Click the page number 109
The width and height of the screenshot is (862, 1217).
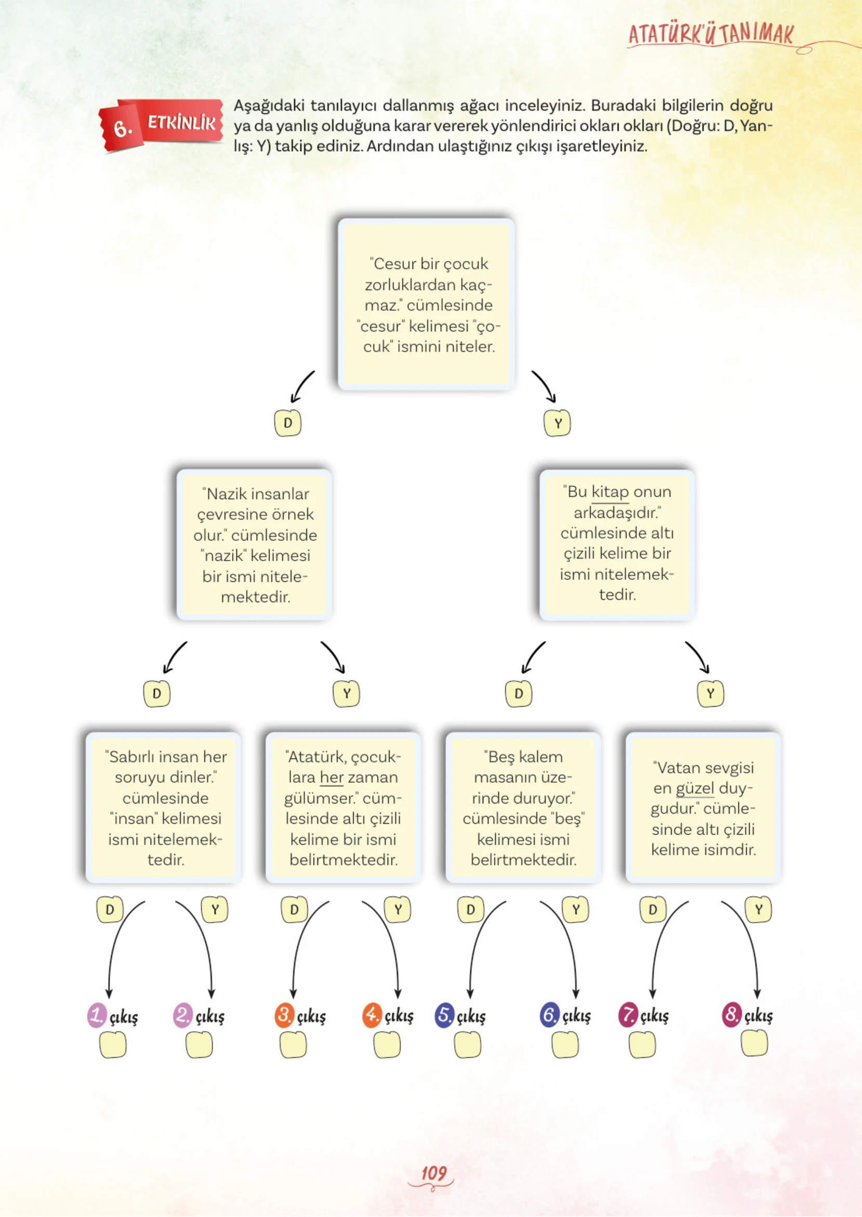[433, 1173]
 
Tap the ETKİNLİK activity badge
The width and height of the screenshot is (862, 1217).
[161, 125]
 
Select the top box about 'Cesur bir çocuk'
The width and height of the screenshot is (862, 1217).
[426, 304]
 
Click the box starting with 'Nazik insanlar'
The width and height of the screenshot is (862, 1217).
[254, 545]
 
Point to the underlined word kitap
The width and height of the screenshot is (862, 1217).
[610, 492]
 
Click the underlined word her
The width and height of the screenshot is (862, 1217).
[331, 777]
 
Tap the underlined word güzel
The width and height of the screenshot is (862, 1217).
[695, 788]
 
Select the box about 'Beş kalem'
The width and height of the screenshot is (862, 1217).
[523, 808]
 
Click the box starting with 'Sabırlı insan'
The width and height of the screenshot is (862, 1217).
[164, 808]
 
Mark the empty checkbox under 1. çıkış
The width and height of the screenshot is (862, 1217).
[113, 1045]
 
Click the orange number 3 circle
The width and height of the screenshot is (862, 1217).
[285, 1015]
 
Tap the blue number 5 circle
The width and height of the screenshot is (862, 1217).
[444, 1015]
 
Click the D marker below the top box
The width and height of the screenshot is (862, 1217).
[288, 423]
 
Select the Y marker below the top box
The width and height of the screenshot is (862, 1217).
[558, 423]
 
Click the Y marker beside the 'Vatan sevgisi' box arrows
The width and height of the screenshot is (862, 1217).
[759, 910]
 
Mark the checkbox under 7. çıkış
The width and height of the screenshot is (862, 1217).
[642, 1045]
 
